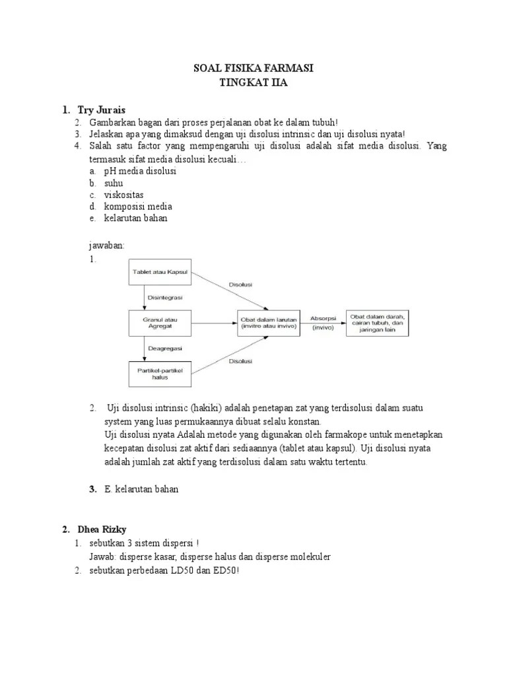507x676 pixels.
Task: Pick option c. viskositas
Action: pyautogui.click(x=123, y=195)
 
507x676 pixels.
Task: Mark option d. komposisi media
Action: pyautogui.click(x=137, y=207)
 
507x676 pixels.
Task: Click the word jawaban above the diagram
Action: pyautogui.click(x=107, y=246)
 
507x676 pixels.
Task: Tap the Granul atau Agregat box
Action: pyautogui.click(x=159, y=323)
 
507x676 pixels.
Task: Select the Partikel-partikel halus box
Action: pyautogui.click(x=159, y=373)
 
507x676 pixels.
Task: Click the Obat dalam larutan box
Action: pyautogui.click(x=269, y=323)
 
